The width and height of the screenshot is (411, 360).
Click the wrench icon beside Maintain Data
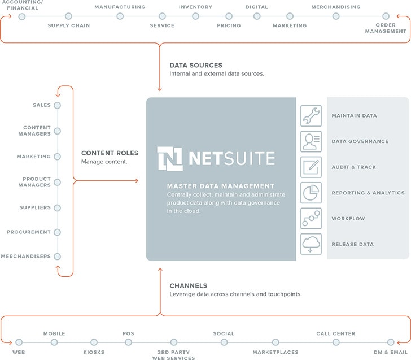pyautogui.click(x=311, y=116)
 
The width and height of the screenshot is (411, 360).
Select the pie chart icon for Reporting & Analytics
pyautogui.click(x=311, y=193)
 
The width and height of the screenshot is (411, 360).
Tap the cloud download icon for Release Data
pyautogui.click(x=311, y=244)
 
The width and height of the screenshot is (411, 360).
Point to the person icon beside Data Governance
pyautogui.click(x=311, y=141)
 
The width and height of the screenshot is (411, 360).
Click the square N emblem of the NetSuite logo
pyautogui.click(x=170, y=159)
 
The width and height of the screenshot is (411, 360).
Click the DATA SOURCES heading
pyautogui.click(x=196, y=66)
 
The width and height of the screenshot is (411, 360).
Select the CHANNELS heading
pyautogui.click(x=189, y=286)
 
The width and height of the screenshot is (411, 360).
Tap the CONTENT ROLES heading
pyautogui.click(x=110, y=153)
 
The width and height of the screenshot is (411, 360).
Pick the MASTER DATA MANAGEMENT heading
pyautogui.click(x=220, y=186)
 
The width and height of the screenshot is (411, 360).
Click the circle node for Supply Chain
pyautogui.click(x=68, y=16)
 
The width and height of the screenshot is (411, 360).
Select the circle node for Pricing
pyautogui.click(x=229, y=16)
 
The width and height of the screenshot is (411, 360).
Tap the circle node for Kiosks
pyautogui.click(x=94, y=342)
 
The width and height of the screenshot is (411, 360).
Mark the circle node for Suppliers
pyautogui.click(x=58, y=208)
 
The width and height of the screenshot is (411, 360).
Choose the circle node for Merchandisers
pyautogui.click(x=58, y=257)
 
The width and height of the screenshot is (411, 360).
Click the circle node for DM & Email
pyautogui.click(x=391, y=342)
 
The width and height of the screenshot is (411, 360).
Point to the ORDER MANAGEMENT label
pyautogui.click(x=386, y=28)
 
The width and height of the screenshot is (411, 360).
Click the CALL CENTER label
pyautogui.click(x=336, y=333)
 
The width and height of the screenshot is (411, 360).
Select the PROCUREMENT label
pyautogui.click(x=29, y=232)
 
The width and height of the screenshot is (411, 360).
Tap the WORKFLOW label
pyautogui.click(x=348, y=219)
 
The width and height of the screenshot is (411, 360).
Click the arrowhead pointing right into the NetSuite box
pyautogui.click(x=137, y=180)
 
